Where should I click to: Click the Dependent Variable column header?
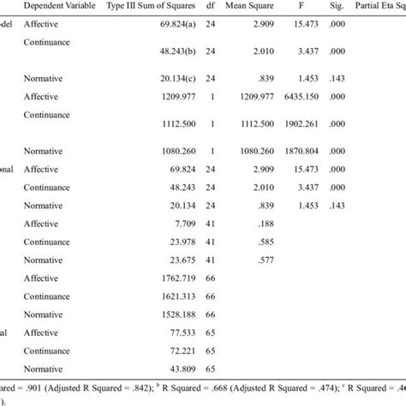click(59, 6)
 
